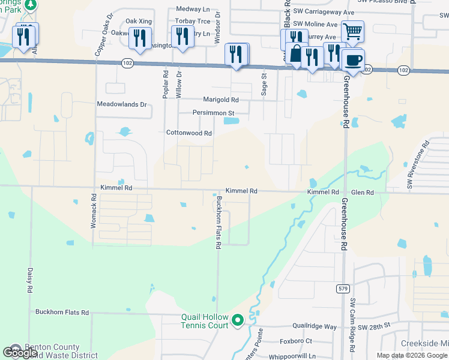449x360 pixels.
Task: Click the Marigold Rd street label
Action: click(221, 100)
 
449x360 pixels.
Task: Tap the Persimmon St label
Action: click(212, 113)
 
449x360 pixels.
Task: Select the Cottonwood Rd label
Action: click(189, 133)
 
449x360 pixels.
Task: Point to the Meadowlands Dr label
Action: click(122, 104)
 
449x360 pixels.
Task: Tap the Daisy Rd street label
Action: click(29, 280)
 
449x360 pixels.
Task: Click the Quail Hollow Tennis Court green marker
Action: click(237, 321)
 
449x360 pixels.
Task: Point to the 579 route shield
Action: click(343, 289)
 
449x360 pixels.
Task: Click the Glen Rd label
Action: click(362, 193)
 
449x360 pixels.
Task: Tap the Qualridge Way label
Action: click(315, 327)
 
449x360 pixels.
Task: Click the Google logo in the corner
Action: click(19, 353)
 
